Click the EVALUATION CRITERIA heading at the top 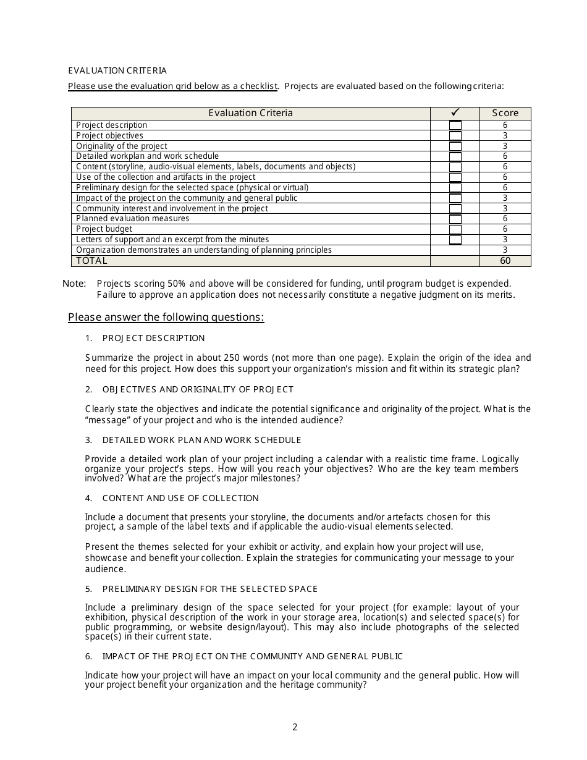[x=117, y=70]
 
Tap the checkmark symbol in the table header [x=455, y=112]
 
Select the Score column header [x=505, y=113]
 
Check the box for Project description [x=455, y=125]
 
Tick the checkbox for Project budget [x=455, y=229]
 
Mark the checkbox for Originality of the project [x=455, y=146]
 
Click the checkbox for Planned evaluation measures [x=455, y=219]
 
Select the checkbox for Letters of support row [x=455, y=240]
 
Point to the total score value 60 [x=505, y=261]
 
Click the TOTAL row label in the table [x=91, y=261]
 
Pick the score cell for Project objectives [x=505, y=136]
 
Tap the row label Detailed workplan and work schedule [x=147, y=156]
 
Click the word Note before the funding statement [x=74, y=284]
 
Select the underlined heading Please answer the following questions [x=166, y=317]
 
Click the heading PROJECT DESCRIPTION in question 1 [x=153, y=338]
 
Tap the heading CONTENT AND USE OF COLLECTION [x=180, y=498]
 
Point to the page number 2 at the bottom [x=295, y=727]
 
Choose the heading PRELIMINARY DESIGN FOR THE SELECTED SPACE [x=210, y=589]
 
